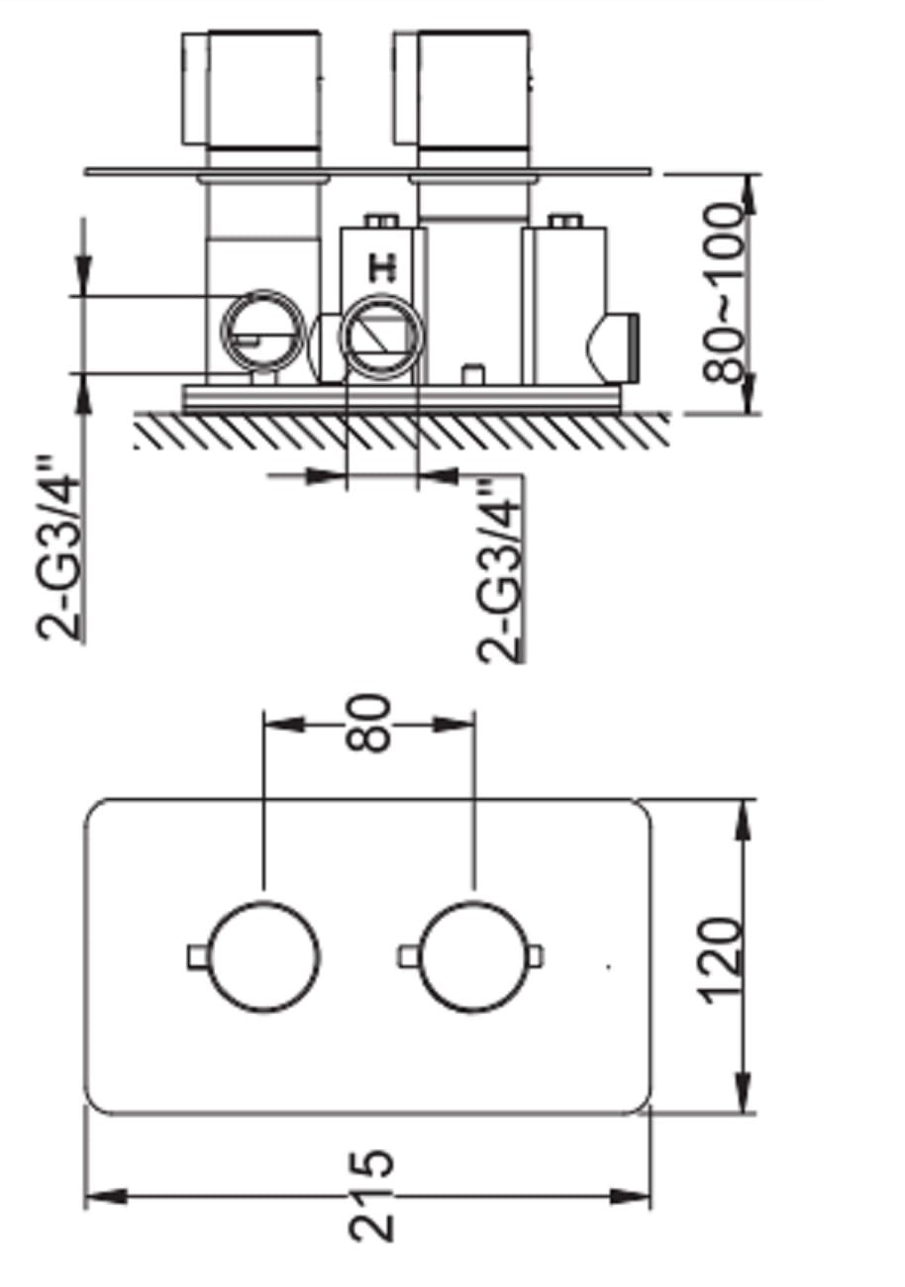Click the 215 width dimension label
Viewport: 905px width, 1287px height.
[371, 1197]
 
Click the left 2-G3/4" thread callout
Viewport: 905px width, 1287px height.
[57, 546]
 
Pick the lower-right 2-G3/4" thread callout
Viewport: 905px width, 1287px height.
[499, 570]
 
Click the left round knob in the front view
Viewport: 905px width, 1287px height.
[263, 957]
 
